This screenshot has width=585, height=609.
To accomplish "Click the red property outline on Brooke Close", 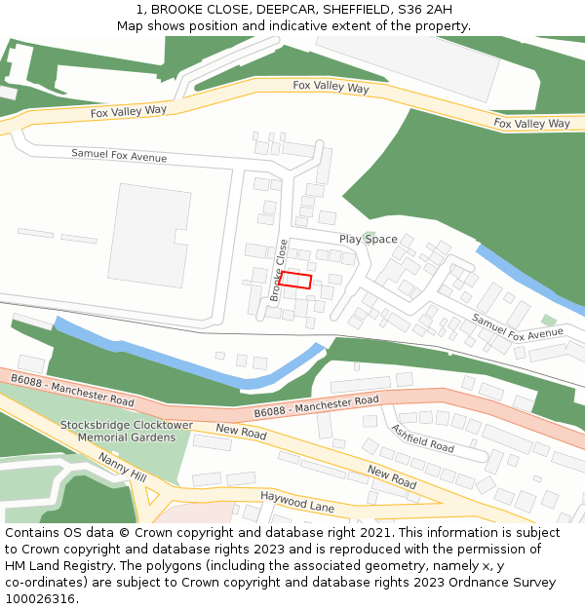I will (295, 281).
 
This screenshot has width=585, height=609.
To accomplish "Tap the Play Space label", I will (368, 239).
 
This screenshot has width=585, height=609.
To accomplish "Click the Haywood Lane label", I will (296, 502).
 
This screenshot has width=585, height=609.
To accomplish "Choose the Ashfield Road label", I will (422, 438).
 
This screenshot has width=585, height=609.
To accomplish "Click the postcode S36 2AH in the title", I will (425, 9).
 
